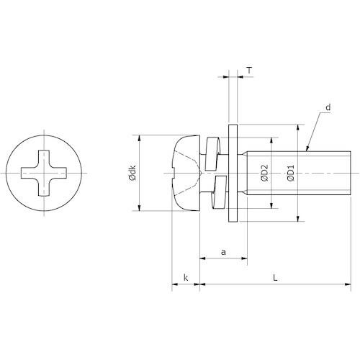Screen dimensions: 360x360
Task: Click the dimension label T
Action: (x=250, y=71)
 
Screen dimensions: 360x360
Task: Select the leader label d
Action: (x=328, y=107)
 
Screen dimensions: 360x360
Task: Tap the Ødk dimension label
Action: (x=132, y=173)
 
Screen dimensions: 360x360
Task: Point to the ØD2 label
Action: (x=265, y=173)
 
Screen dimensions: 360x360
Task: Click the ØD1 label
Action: (x=291, y=173)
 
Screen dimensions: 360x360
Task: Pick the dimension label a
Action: (x=223, y=252)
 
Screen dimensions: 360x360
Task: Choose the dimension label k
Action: (x=186, y=278)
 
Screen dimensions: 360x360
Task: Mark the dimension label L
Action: (x=275, y=278)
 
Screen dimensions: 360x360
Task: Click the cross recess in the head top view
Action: (x=44, y=173)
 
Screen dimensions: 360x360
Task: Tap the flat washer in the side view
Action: (x=233, y=173)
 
